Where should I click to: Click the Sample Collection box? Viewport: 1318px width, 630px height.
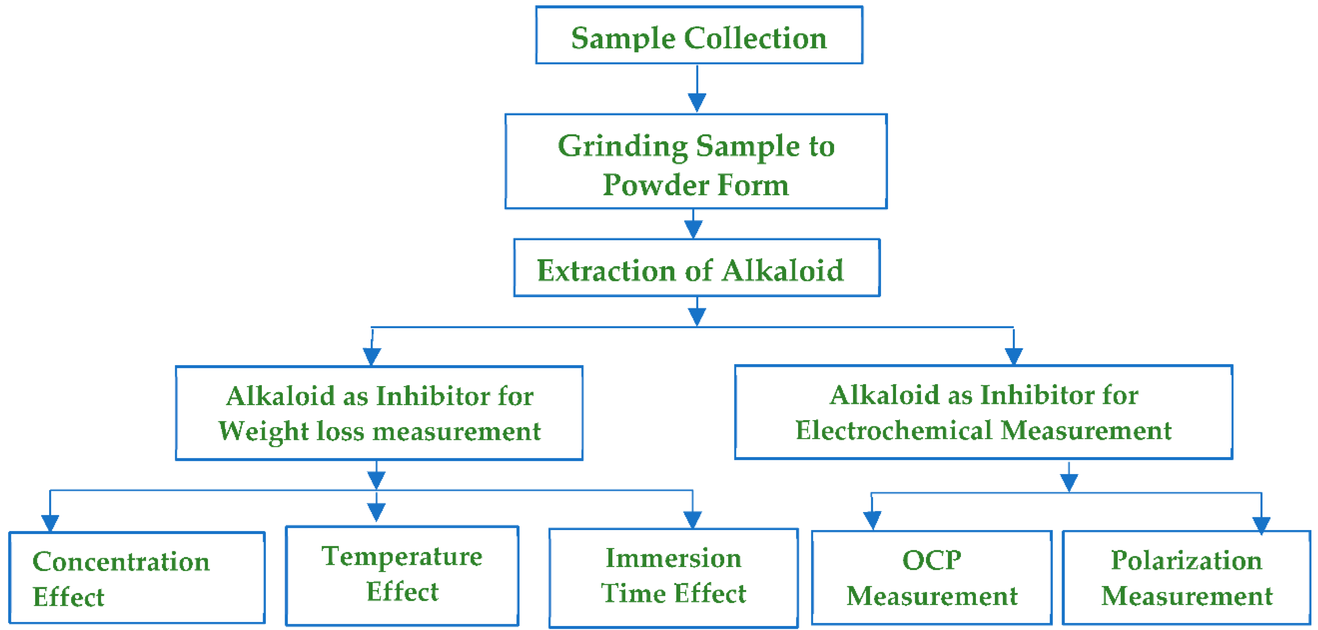(699, 36)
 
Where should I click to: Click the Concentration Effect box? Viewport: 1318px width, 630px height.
(137, 578)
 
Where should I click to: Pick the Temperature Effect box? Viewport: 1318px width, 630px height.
(402, 576)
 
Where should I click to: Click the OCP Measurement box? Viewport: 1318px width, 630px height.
(932, 578)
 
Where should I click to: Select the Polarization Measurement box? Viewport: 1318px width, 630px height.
(1186, 578)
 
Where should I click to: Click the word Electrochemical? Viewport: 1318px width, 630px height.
(893, 430)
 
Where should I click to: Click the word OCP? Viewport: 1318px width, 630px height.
(932, 560)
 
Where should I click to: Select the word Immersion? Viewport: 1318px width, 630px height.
(673, 558)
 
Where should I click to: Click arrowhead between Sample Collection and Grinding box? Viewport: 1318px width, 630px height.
(697, 102)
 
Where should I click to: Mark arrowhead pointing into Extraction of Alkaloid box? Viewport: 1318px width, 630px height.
(693, 229)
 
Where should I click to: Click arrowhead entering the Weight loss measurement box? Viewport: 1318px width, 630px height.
(372, 356)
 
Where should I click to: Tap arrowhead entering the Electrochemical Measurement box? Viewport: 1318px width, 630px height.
(1014, 356)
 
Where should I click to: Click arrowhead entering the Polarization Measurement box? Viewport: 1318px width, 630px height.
(1261, 525)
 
